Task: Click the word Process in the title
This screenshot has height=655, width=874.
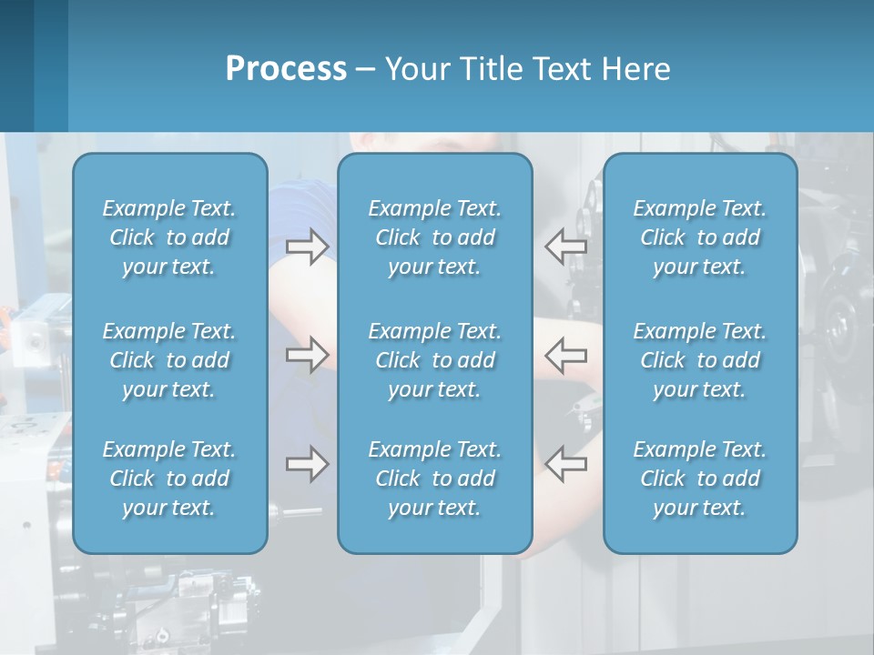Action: [x=286, y=69]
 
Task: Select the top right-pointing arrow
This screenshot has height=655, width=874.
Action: [x=307, y=247]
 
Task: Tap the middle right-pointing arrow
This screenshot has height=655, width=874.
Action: [x=307, y=355]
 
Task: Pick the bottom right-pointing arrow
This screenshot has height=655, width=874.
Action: [x=307, y=464]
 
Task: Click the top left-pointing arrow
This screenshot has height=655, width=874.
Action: [x=565, y=247]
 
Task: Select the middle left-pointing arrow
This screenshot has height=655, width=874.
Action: [x=565, y=355]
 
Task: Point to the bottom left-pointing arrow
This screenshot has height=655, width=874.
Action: [x=565, y=464]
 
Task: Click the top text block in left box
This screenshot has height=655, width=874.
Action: [x=169, y=237]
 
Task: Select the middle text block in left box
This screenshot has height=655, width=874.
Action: [x=169, y=360]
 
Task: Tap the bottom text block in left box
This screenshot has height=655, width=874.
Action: [x=169, y=479]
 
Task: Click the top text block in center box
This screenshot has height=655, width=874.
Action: [x=434, y=237]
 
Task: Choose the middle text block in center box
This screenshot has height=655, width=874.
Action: [x=434, y=360]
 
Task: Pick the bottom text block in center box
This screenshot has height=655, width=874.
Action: [x=434, y=479]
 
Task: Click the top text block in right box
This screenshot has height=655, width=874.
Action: [x=699, y=237]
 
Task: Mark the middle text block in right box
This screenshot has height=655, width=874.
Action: [x=699, y=360]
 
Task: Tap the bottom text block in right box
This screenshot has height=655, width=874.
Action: [x=699, y=479]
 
